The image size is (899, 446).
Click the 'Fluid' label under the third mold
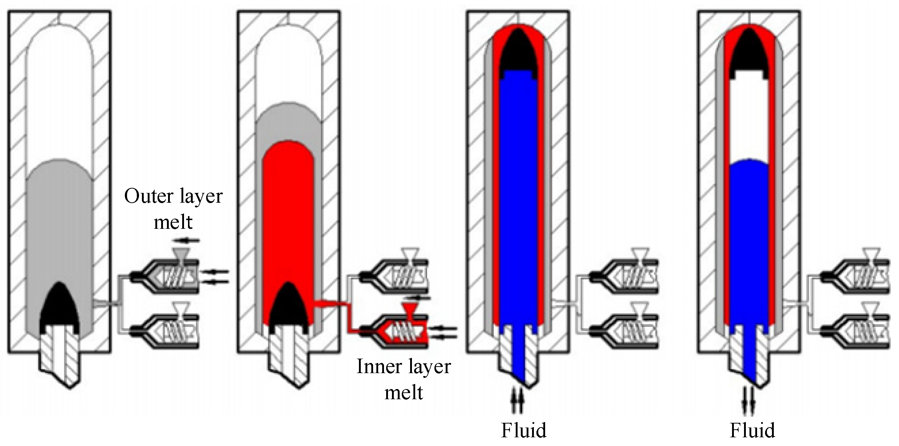tap(523, 430)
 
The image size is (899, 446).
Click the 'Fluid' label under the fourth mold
tap(752, 430)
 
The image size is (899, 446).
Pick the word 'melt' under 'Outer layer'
tap(173, 222)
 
